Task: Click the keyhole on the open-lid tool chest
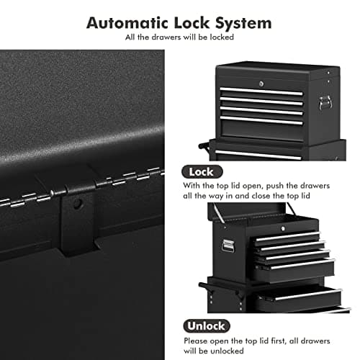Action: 284,229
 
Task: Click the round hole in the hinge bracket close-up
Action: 78,204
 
